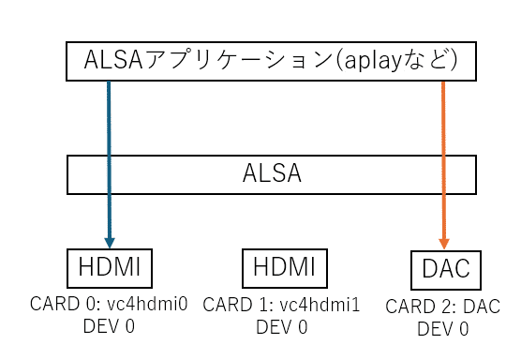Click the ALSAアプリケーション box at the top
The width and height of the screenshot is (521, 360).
[x=271, y=62]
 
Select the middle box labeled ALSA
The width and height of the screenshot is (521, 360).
[x=271, y=174]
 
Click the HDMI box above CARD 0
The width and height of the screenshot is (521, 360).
[x=110, y=268]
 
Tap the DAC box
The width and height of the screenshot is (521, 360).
[x=445, y=271]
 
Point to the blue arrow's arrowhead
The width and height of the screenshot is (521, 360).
[x=110, y=242]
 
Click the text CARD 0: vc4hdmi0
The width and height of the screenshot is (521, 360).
[x=110, y=305]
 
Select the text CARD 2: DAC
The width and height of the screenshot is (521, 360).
[x=443, y=307]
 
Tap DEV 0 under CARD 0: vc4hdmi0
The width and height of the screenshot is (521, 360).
[x=110, y=326]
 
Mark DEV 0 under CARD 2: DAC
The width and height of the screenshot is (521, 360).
[x=443, y=329]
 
